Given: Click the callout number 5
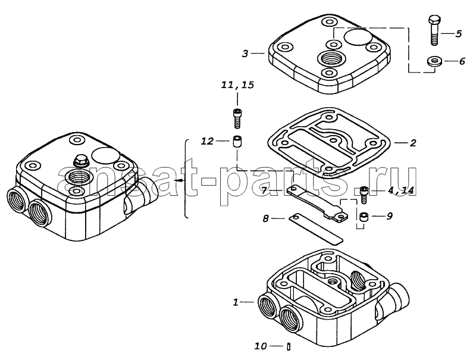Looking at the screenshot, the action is [x=458, y=33].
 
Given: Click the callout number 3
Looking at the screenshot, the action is [x=245, y=54].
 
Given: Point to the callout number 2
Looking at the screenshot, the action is [x=413, y=143].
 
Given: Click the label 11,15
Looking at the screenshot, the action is [x=237, y=84].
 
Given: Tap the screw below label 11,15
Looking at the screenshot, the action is [x=237, y=118].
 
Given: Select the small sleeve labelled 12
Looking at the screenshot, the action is [x=237, y=142].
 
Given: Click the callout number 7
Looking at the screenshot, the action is [x=264, y=191].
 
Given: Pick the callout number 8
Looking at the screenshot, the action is [x=265, y=218].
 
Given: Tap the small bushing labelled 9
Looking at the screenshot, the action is [x=364, y=217].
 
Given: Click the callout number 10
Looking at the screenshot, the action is [x=261, y=346].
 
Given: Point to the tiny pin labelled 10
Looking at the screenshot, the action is [x=289, y=346].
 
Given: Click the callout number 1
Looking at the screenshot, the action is [x=236, y=302].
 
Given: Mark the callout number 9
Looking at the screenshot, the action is [x=390, y=216].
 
